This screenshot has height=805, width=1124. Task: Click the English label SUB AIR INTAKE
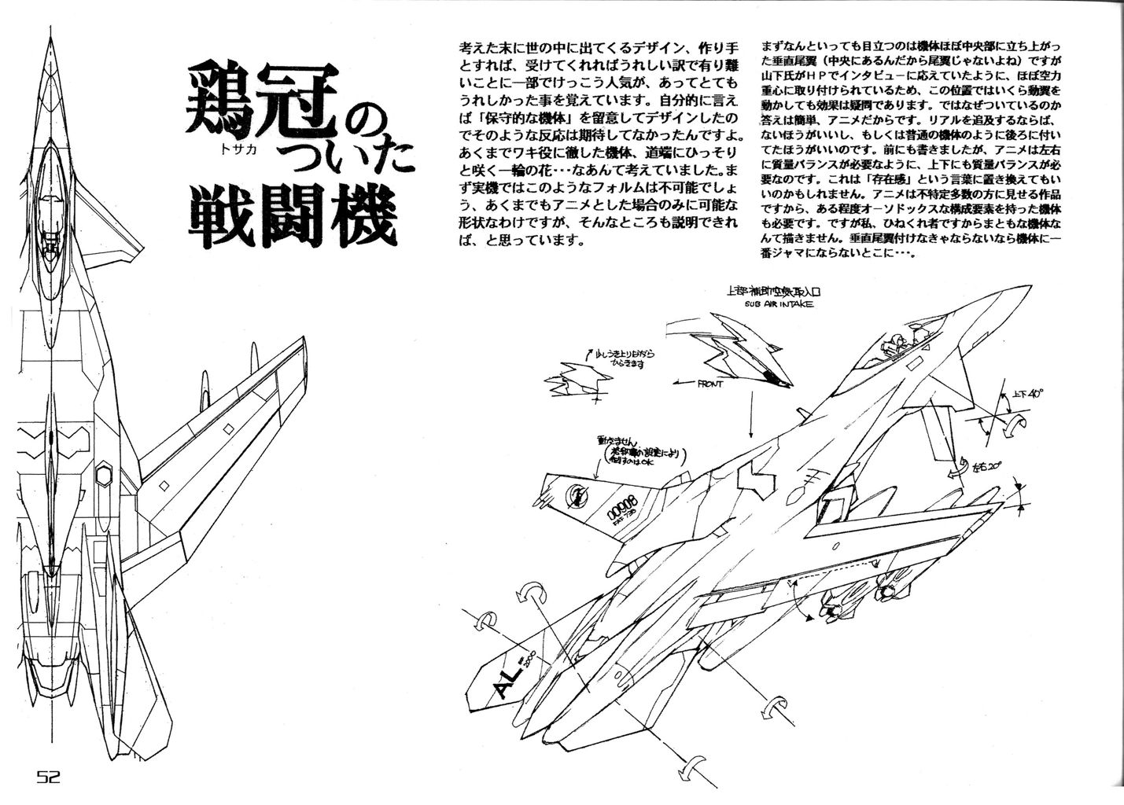[772, 303]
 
